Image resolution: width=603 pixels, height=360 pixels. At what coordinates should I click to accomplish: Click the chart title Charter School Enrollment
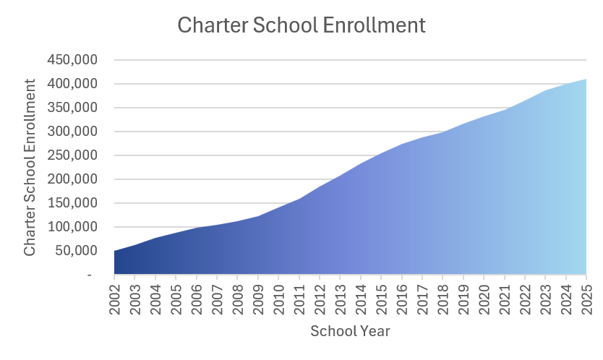301,25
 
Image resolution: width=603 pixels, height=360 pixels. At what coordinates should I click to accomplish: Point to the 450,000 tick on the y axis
72,60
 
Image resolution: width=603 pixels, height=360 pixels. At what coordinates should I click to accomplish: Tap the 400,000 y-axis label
72,84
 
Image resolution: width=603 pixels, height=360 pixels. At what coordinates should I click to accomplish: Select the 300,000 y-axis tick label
72,132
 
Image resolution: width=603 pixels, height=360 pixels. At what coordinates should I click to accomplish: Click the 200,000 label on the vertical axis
72,179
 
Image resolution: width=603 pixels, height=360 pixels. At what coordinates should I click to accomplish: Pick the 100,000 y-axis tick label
72,227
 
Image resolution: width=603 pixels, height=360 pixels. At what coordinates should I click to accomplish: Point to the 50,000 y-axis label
76,251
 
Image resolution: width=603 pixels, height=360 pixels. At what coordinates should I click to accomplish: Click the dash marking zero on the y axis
89,275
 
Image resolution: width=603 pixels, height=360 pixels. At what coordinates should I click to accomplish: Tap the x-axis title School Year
350,332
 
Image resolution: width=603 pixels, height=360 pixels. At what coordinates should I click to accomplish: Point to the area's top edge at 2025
585,80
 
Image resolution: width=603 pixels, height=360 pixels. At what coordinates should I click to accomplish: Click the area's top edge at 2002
115,252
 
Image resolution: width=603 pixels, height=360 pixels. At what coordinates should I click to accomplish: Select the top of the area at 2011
299,199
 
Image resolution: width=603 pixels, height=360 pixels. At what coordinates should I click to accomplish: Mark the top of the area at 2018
442,132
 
